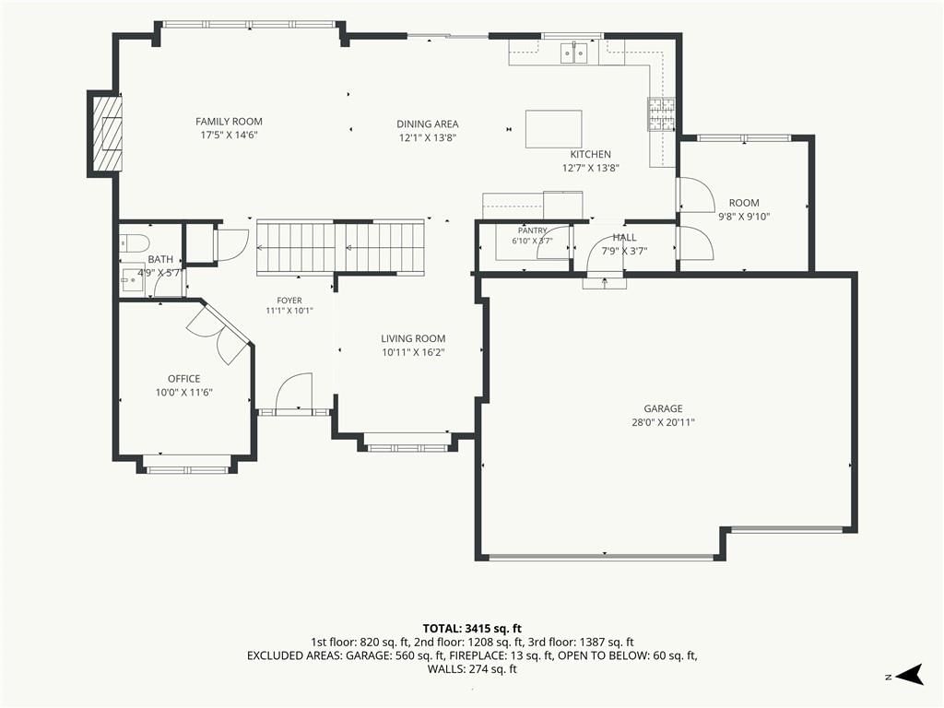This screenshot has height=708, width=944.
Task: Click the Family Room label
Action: tap(229, 122)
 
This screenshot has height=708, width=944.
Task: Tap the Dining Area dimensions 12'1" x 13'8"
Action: tap(428, 137)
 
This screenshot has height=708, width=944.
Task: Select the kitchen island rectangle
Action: tap(553, 129)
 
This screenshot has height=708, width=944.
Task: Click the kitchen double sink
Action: tap(573, 53)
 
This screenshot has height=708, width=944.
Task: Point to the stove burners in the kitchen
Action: tap(661, 114)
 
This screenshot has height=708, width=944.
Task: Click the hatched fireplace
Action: tap(107, 133)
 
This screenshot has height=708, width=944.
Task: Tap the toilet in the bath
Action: tap(135, 243)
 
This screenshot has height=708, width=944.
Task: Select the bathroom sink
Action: tap(132, 280)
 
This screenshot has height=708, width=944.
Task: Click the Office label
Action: tap(183, 379)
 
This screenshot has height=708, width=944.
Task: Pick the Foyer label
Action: tap(289, 301)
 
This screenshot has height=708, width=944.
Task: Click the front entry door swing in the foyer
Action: tap(294, 392)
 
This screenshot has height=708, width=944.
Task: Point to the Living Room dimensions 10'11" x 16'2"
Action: tap(413, 353)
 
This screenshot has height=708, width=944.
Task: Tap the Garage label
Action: tap(663, 408)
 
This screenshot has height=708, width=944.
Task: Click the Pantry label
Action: tap(532, 230)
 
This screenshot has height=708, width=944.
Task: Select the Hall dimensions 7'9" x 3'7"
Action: tap(624, 251)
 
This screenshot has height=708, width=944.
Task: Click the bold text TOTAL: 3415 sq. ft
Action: tap(472, 630)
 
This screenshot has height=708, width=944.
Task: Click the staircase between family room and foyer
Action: tap(341, 247)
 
